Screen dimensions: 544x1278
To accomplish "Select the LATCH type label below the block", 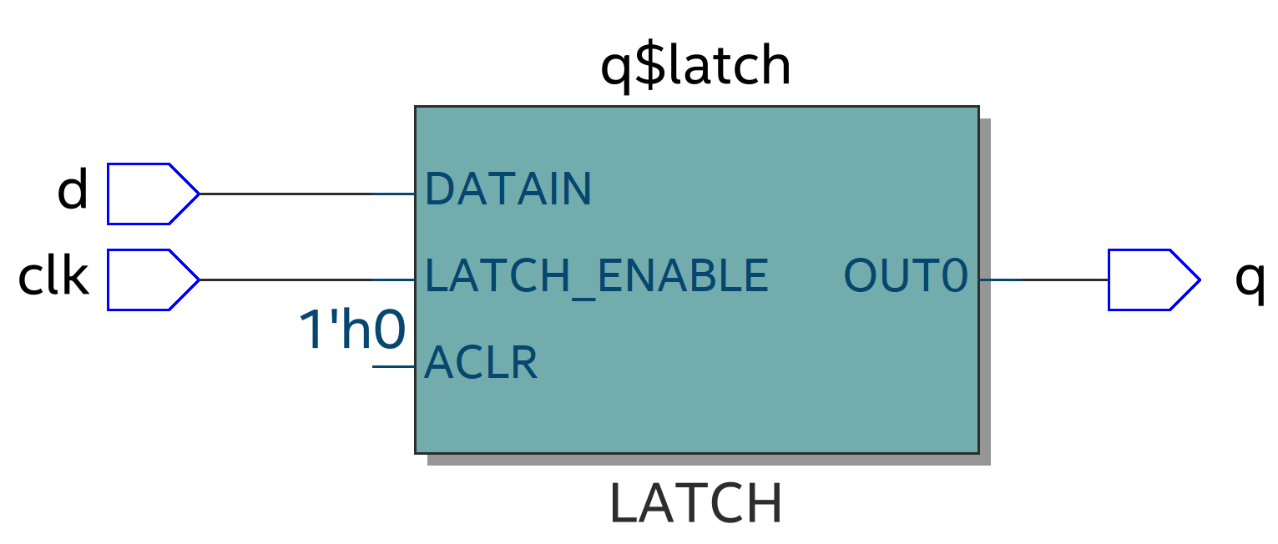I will (x=696, y=503).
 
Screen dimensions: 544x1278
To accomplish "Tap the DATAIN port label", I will (x=508, y=189).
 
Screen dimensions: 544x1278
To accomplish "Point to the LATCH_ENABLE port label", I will (x=596, y=275).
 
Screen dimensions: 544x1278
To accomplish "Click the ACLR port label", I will (x=481, y=363).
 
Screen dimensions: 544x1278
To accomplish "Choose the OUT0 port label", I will (x=906, y=275).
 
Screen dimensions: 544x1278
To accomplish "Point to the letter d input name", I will (x=73, y=190).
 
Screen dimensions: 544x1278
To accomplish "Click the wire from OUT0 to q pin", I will (x=1043, y=280).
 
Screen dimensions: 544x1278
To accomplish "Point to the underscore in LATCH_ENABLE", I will (x=582, y=292).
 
